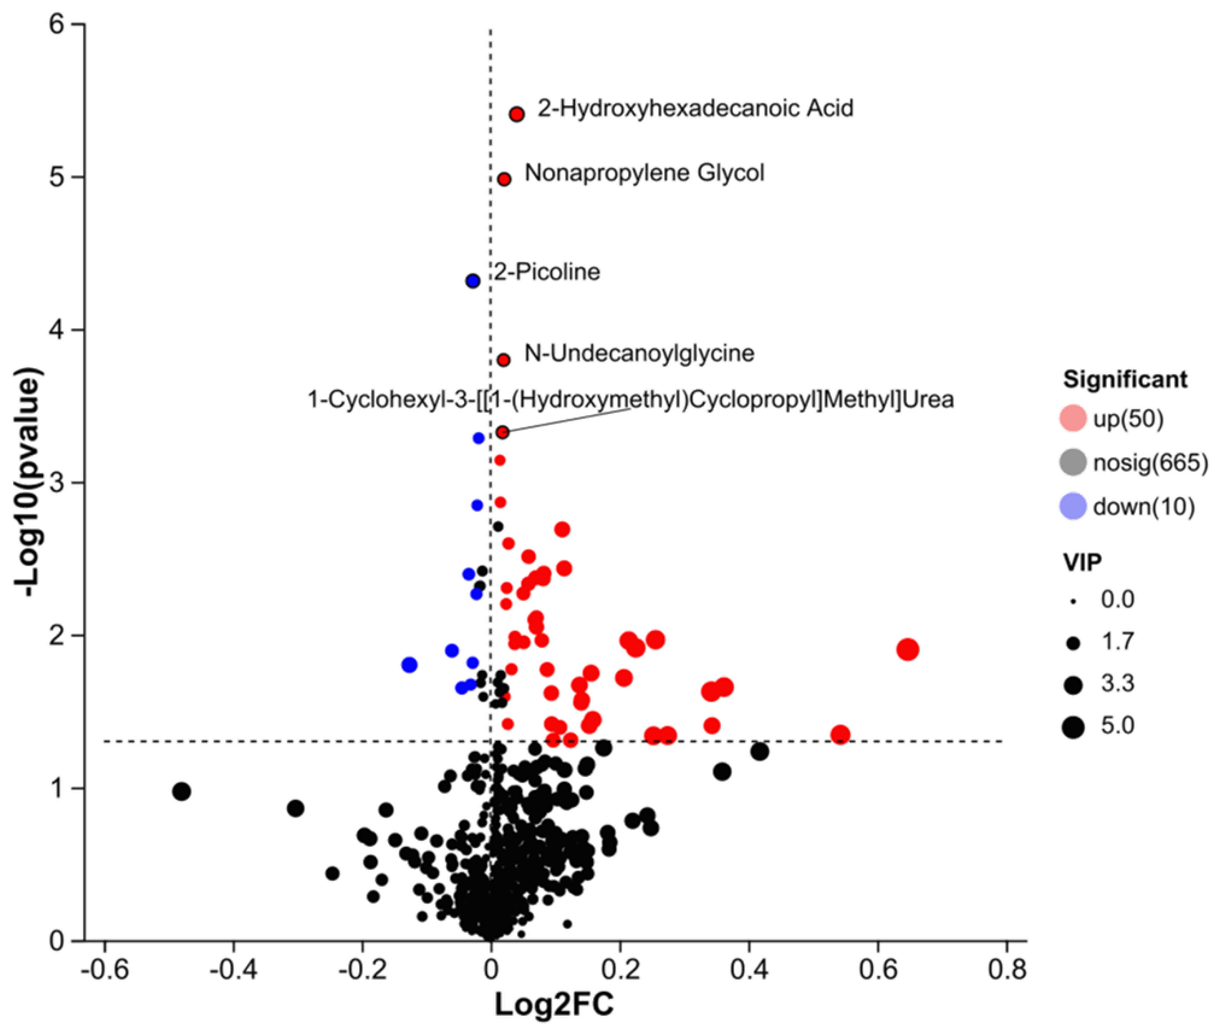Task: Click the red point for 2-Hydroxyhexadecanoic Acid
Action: click(516, 114)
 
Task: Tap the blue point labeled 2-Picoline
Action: click(473, 281)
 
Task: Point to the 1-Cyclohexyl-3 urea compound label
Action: click(630, 399)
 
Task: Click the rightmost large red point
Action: click(908, 650)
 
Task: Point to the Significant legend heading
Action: click(1125, 379)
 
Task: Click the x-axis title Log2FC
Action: click(554, 1004)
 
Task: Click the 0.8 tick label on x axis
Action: click(1006, 970)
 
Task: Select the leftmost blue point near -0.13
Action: click(409, 665)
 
